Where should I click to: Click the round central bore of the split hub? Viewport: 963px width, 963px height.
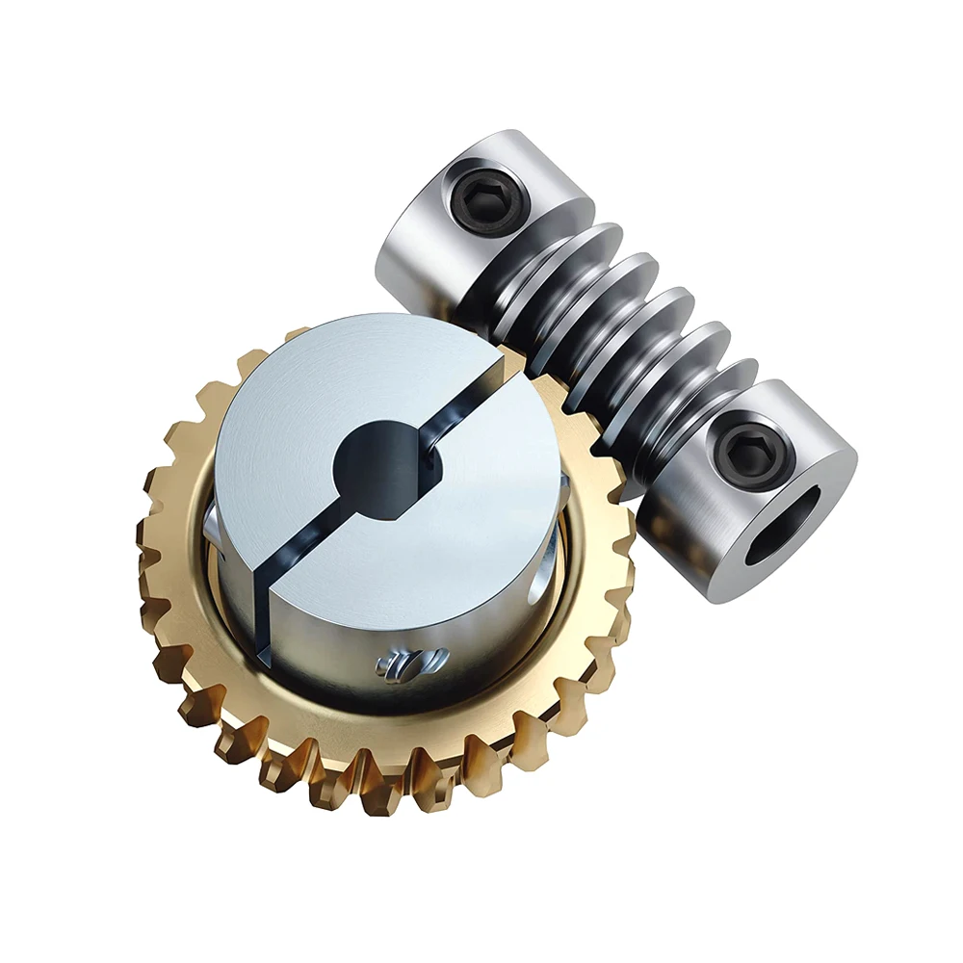coord(385,462)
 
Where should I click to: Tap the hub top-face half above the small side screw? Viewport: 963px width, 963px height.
coord(433,549)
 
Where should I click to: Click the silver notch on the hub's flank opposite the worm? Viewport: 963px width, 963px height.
coord(210,525)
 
